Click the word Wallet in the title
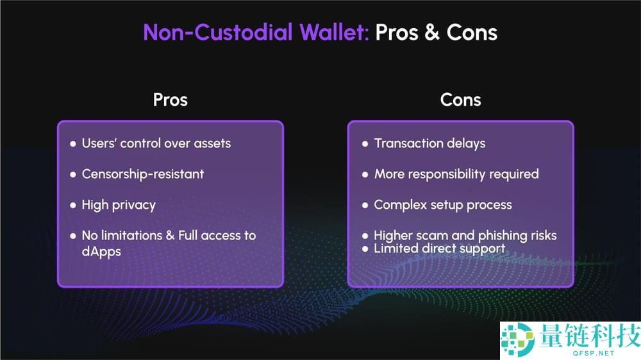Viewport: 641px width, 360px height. click(334, 32)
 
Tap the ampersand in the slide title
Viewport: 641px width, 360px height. click(431, 32)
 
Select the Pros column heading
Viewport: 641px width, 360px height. click(171, 100)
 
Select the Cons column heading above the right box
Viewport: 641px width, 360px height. click(461, 100)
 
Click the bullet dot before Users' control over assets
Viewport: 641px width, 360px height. click(73, 144)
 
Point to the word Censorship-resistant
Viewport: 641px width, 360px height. click(143, 174)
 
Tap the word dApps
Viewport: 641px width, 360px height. click(101, 252)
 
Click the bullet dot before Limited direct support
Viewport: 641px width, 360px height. click(365, 249)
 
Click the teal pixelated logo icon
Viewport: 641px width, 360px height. click(518, 339)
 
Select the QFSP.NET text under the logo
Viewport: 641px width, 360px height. click(594, 353)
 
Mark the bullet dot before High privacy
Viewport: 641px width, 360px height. click(73, 205)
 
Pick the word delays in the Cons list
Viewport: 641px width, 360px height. click(466, 144)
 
